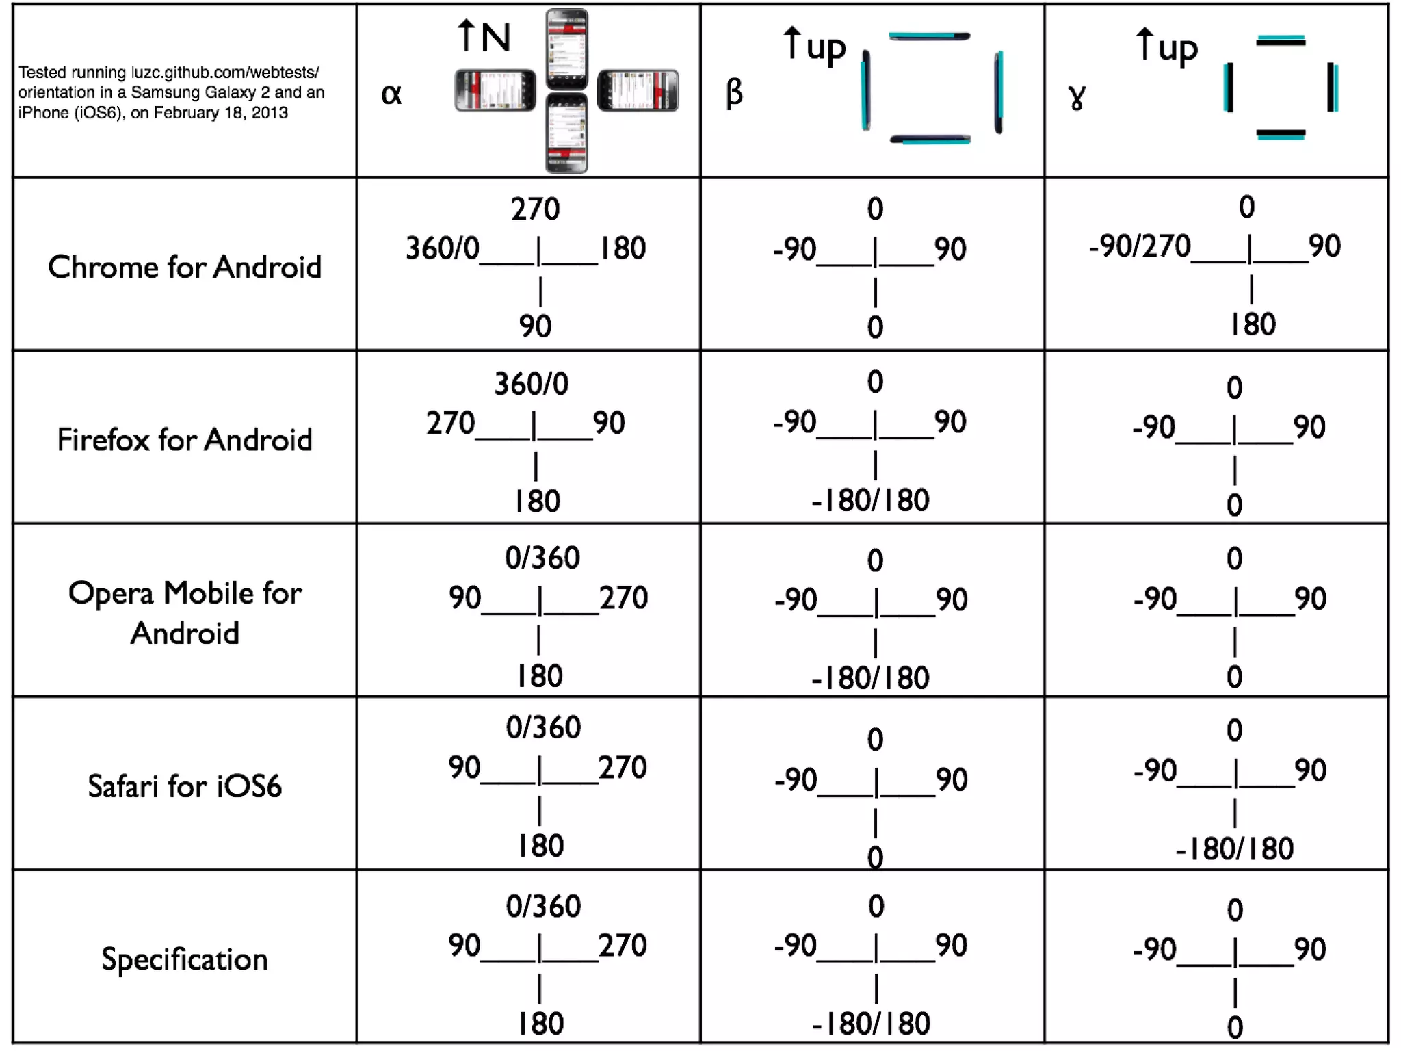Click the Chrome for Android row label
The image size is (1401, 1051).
click(x=185, y=266)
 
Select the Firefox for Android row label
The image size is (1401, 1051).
click(x=185, y=439)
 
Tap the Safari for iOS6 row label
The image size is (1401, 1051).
click(x=185, y=786)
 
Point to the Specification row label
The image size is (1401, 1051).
click(x=185, y=959)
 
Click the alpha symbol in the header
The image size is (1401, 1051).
click(x=391, y=94)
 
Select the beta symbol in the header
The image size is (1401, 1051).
click(x=734, y=92)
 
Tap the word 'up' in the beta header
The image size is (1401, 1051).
click(x=826, y=49)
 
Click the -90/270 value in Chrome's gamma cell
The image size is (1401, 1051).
click(x=1140, y=246)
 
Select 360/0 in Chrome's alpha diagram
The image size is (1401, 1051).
click(x=442, y=248)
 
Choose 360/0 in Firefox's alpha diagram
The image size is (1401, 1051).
click(x=532, y=384)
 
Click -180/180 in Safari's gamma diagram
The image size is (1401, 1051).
click(x=1235, y=849)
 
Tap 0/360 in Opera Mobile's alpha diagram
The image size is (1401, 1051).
click(x=542, y=558)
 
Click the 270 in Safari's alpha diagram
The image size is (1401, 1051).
click(x=623, y=767)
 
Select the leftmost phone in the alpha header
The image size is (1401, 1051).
click(x=495, y=90)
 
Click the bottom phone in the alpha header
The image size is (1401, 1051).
click(x=566, y=133)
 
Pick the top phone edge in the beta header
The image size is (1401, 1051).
click(x=930, y=36)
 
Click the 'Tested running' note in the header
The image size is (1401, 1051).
click(x=171, y=92)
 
